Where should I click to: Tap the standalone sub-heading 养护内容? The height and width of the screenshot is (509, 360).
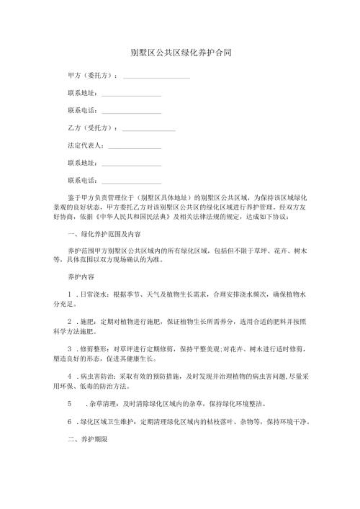coord(79,276)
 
